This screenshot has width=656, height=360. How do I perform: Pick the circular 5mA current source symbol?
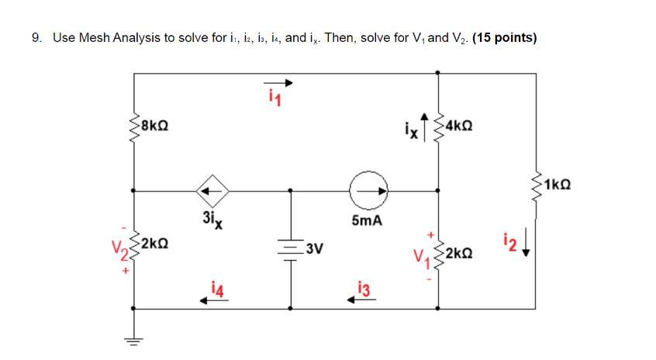tap(364, 189)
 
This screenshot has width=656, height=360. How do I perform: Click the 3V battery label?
tap(315, 249)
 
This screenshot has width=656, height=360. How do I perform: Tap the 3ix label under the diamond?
tap(212, 218)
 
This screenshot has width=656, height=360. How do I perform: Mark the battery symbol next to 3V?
tap(291, 250)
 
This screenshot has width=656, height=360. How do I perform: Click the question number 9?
tap(36, 37)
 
